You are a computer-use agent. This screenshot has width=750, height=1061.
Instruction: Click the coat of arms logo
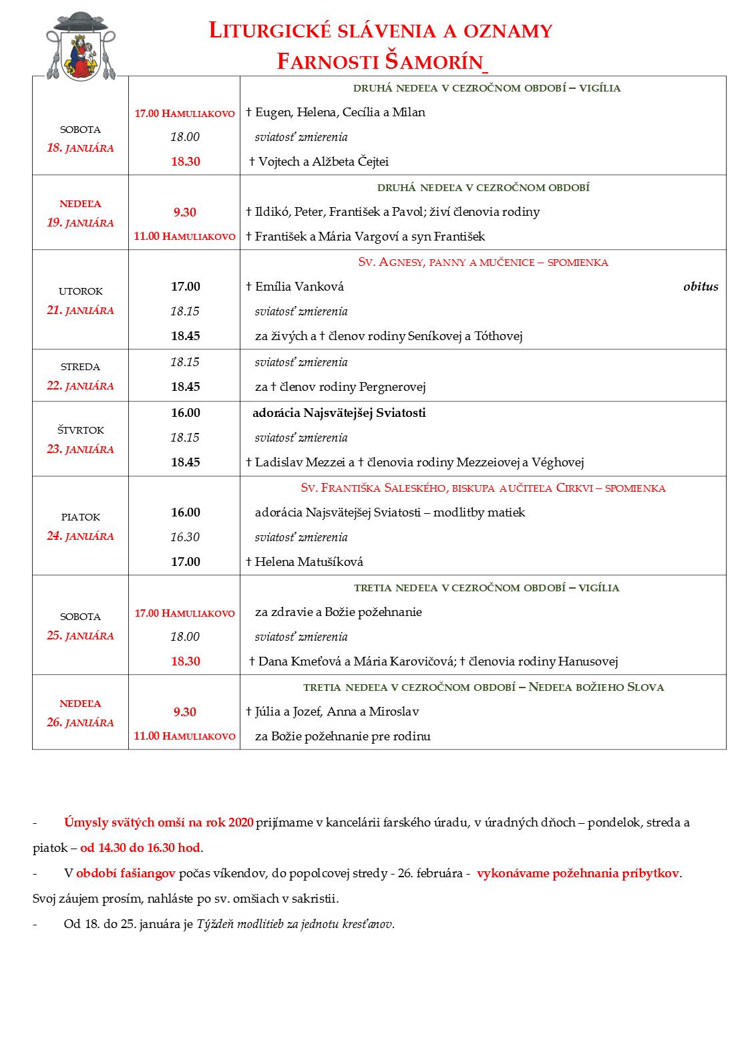[x=79, y=46]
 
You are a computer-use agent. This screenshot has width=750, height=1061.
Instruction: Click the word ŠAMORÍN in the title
[x=434, y=62]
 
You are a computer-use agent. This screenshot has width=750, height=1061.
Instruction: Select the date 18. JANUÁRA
[x=80, y=148]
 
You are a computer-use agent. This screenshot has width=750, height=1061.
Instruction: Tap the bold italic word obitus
[x=701, y=287]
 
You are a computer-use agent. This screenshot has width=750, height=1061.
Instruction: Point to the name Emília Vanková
[x=299, y=287]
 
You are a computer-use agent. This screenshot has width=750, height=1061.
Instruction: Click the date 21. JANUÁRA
[x=80, y=311]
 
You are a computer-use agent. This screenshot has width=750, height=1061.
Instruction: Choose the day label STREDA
[x=80, y=367]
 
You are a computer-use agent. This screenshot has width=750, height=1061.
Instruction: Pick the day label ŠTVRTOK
[x=80, y=430]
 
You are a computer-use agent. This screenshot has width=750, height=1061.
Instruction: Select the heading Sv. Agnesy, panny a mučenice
[x=483, y=262]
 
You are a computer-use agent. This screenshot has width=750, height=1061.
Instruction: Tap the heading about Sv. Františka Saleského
[x=483, y=488]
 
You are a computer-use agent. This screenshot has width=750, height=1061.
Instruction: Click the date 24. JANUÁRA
[x=80, y=537]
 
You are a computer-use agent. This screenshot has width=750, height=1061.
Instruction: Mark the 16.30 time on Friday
[x=185, y=537]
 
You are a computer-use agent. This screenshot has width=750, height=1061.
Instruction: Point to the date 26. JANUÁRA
[x=80, y=723]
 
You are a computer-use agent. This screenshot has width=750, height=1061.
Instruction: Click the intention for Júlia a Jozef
[x=337, y=712]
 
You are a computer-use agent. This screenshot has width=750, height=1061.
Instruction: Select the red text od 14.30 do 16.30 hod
[x=140, y=848]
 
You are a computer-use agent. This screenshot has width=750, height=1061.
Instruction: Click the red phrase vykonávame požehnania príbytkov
[x=578, y=873]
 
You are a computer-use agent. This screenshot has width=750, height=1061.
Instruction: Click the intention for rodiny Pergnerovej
[x=340, y=387]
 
